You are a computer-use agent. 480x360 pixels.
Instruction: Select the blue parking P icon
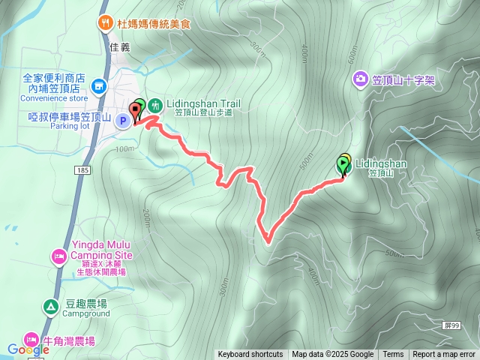[x=122, y=120]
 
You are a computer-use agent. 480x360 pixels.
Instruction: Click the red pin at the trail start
[x=136, y=112]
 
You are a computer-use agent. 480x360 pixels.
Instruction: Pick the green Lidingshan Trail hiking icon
[x=154, y=105]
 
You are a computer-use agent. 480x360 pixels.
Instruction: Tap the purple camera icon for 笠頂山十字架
[x=360, y=79]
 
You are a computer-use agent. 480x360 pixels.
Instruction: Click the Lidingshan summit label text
[x=381, y=163]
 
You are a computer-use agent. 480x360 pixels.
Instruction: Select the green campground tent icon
[x=50, y=306]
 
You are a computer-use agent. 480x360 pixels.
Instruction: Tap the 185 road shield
[x=81, y=172]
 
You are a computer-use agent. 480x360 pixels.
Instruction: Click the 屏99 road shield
[x=449, y=325]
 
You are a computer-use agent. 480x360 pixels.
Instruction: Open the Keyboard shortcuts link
[x=250, y=355]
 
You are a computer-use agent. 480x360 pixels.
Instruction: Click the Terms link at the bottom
[x=393, y=355]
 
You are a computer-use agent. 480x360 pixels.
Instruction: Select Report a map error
[x=444, y=355]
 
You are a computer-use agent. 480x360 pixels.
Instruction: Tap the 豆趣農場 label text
[x=86, y=304]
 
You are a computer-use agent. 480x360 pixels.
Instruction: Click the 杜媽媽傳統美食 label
[x=154, y=24]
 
